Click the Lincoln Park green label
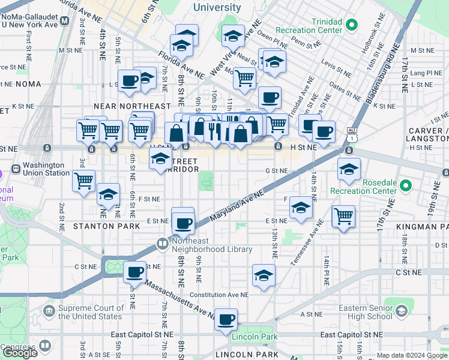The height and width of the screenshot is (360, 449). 255,337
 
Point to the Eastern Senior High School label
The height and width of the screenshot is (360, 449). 361,312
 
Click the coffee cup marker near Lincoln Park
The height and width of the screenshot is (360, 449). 226,320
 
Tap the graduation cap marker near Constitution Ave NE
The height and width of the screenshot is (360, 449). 263,276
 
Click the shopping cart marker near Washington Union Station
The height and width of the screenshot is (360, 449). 83,181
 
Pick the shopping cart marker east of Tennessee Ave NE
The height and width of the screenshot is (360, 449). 343,217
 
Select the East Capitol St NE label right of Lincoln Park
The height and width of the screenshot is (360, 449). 352,335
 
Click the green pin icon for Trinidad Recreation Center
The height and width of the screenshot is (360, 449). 352,25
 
